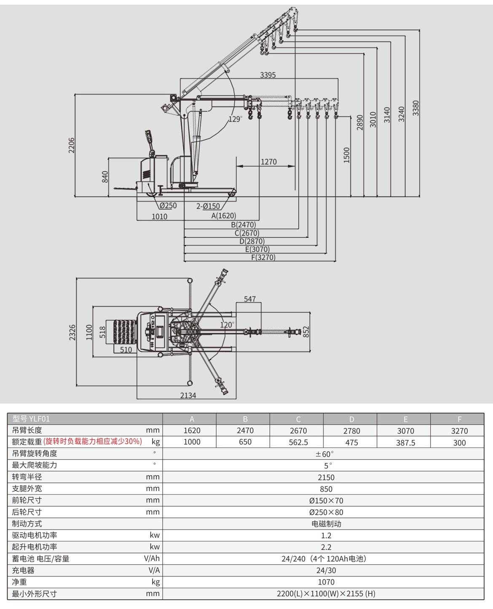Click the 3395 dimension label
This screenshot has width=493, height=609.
(x=268, y=75)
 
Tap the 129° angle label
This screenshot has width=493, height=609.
(x=235, y=119)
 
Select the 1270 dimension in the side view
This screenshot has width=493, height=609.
(x=268, y=162)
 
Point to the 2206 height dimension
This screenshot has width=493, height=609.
(x=72, y=145)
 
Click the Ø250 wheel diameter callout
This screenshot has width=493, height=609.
(x=168, y=206)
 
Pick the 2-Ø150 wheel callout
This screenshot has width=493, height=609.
(x=208, y=206)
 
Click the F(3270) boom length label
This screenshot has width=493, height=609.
(x=263, y=257)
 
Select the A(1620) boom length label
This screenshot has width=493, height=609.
(x=223, y=215)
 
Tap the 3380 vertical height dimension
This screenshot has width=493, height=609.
(x=416, y=108)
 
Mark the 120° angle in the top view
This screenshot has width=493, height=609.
(x=227, y=325)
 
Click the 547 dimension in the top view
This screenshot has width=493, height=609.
(x=249, y=299)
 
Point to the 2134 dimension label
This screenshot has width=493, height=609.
(x=188, y=395)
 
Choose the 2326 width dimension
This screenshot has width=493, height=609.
(x=72, y=332)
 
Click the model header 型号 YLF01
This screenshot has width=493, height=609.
(x=31, y=419)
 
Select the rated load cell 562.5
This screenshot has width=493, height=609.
(x=298, y=442)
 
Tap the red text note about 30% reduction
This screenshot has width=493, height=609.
(x=93, y=441)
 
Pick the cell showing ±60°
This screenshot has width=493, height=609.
(x=325, y=454)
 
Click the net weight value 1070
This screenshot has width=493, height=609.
(x=326, y=582)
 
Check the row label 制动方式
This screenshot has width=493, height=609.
(x=27, y=524)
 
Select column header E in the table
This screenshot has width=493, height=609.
(x=405, y=419)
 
